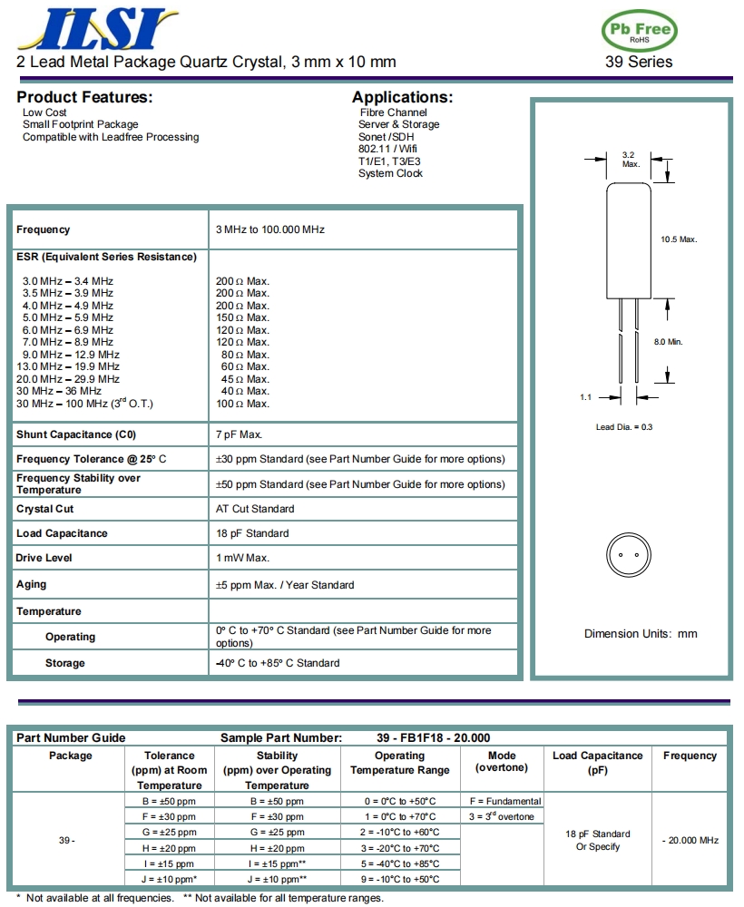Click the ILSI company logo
94,29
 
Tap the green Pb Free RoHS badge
640,32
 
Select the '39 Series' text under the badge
639,63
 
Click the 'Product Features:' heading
84,97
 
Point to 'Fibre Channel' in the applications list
393,112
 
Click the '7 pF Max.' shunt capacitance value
240,434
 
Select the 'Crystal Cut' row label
45,509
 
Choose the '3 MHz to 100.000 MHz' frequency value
269,229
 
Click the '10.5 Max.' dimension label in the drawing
678,239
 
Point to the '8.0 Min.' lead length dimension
668,341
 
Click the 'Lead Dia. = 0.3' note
623,426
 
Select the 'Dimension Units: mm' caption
641,634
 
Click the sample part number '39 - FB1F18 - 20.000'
433,737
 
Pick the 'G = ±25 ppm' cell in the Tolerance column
170,832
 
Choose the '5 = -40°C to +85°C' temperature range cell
399,863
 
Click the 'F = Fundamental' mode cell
504,801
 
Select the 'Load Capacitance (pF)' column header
597,762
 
